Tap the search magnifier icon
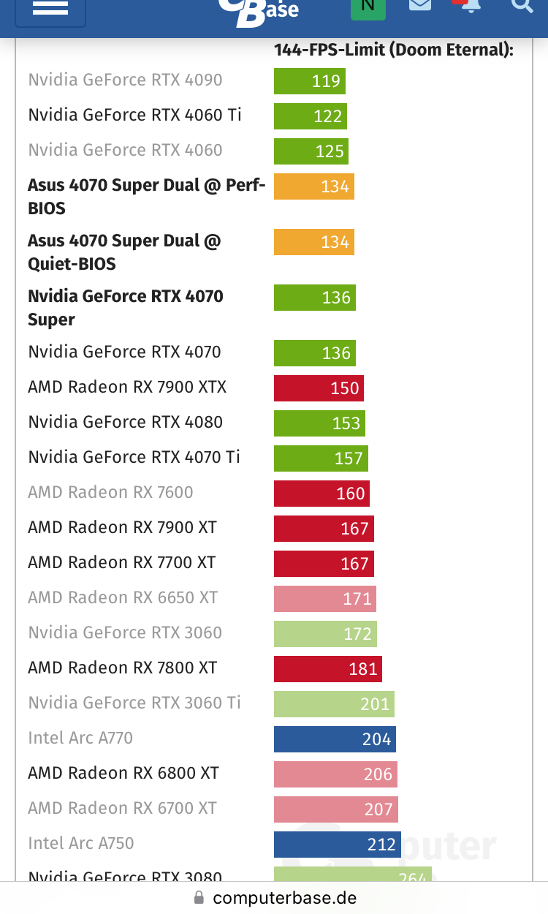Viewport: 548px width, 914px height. pos(522,6)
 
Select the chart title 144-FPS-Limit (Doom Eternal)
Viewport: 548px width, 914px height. pos(393,50)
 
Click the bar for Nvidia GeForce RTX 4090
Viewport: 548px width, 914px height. pos(309,81)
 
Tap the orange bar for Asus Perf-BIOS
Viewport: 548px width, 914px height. pos(313,186)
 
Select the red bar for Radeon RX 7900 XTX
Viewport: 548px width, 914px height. pos(318,388)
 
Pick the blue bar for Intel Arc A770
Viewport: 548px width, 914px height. pos(335,739)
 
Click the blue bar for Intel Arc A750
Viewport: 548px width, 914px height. pos(338,845)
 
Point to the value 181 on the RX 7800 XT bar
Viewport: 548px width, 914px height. pos(363,669)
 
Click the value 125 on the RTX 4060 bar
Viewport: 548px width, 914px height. pos(330,151)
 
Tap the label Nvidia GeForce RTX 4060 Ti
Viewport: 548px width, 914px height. pos(134,115)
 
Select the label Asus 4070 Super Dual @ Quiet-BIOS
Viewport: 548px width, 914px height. pos(124,252)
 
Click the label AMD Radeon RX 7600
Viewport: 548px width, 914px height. pos(110,492)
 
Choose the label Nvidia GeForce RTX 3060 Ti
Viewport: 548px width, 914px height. pos(134,703)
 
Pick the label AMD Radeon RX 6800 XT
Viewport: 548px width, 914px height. pos(123,773)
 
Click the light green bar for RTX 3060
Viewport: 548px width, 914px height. pos(325,634)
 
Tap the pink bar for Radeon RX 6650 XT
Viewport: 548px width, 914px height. pos(324,599)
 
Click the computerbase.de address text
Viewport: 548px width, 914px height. pos(285,898)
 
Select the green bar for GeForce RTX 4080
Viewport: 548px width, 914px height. pos(319,423)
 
